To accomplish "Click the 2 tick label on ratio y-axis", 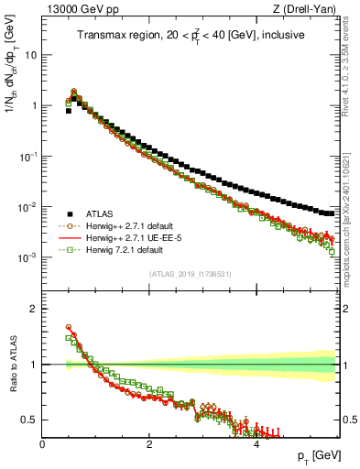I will pos(32,309).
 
